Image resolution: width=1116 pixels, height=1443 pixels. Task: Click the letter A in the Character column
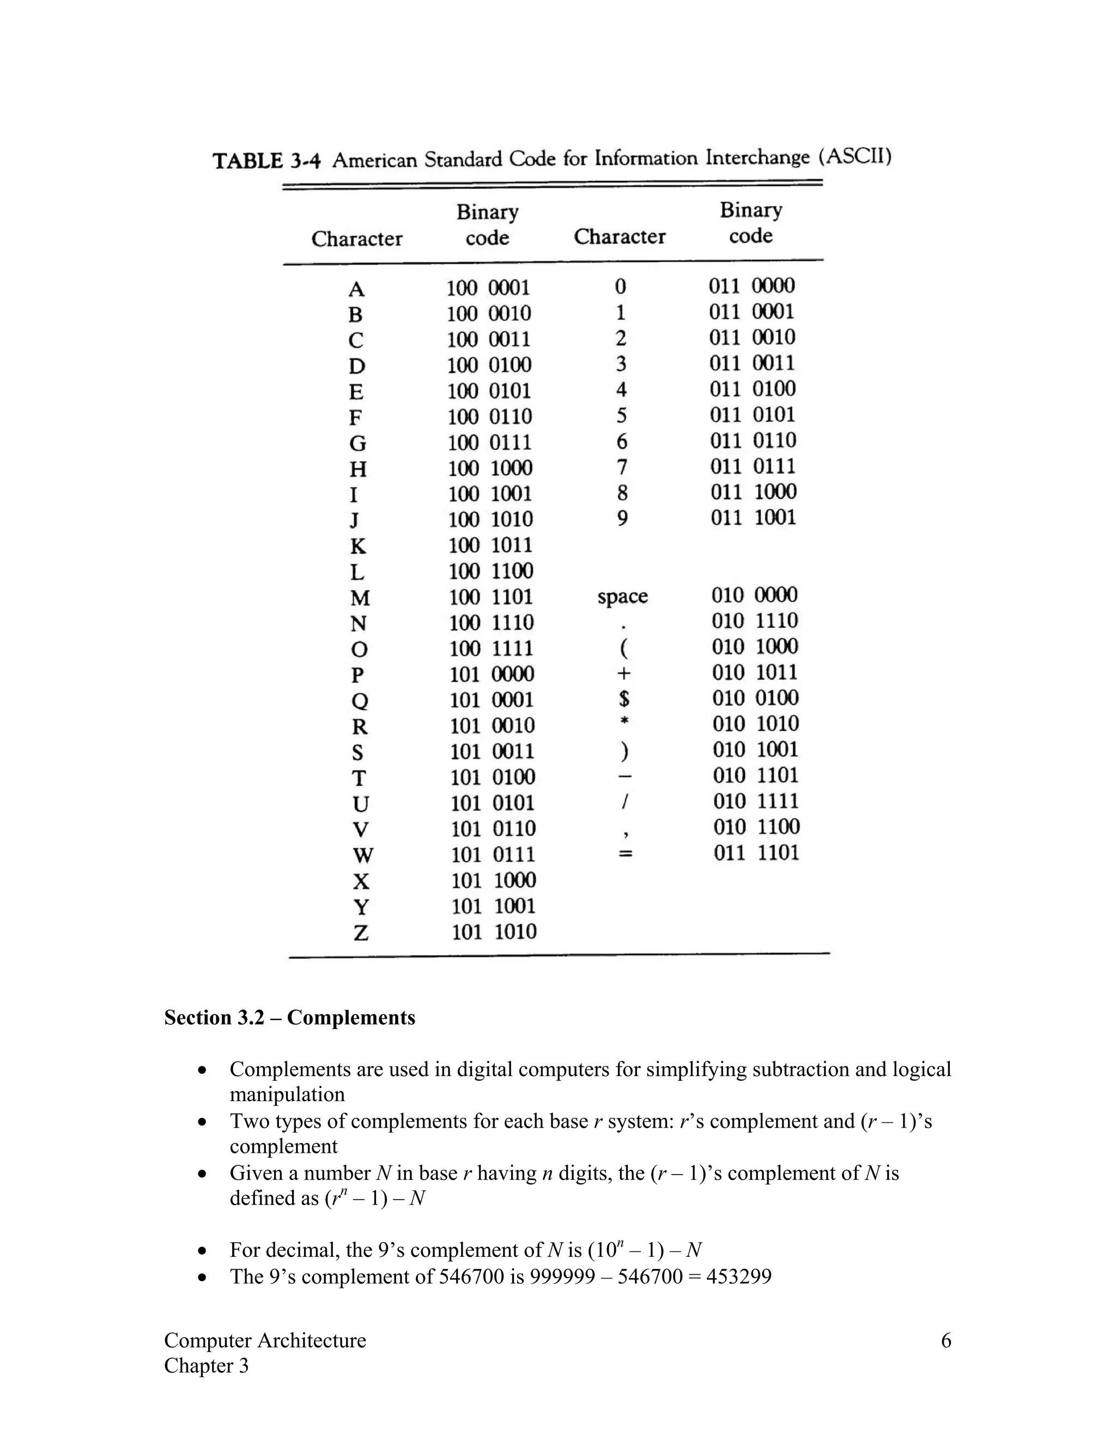356,289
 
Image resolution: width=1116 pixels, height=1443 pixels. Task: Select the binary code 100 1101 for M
490,597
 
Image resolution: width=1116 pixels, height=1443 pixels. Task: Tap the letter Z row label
360,933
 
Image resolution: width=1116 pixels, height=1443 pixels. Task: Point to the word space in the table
622,597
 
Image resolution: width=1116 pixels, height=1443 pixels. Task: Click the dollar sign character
624,699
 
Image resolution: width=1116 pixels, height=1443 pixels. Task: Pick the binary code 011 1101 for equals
756,853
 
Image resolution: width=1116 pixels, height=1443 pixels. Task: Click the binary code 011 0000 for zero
751,286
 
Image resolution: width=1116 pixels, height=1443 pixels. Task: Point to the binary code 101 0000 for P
492,675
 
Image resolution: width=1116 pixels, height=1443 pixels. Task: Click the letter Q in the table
359,701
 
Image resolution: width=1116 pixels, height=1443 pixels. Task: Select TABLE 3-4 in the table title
266,161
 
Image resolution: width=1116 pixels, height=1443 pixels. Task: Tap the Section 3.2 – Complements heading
289,1018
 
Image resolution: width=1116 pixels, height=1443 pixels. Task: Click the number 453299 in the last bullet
738,1276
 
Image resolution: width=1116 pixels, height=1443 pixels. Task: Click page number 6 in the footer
945,1341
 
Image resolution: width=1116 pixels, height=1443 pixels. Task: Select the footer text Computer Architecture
265,1341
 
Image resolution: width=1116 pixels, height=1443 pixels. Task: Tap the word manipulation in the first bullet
287,1095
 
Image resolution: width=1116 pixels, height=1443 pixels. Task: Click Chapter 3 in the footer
207,1366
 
